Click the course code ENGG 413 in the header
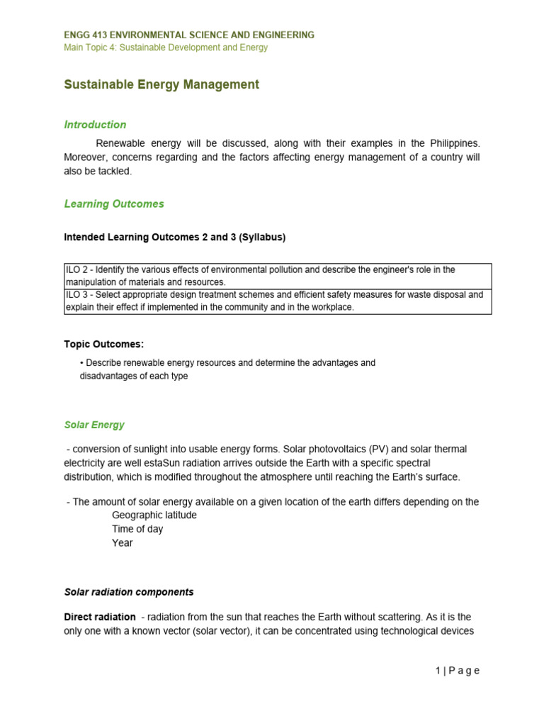88,35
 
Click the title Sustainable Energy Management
161,85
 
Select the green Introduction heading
95,125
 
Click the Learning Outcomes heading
114,204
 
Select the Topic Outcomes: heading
104,345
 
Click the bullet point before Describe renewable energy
82,363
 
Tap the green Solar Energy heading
94,425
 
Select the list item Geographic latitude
154,515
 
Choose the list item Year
122,543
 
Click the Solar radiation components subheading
129,592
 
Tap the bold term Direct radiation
100,618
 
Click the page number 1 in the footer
438,671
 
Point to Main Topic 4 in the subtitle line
93,48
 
